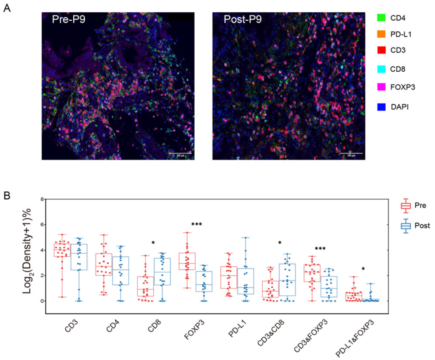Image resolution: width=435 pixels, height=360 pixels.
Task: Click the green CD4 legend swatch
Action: pyautogui.click(x=382, y=18)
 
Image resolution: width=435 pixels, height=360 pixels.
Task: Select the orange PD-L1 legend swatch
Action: pyautogui.click(x=382, y=34)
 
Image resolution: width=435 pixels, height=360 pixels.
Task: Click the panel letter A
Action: pyautogui.click(x=7, y=9)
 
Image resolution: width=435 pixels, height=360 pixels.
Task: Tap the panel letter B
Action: pyautogui.click(x=7, y=195)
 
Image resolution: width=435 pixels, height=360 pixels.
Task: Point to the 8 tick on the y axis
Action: pyautogui.click(x=41, y=200)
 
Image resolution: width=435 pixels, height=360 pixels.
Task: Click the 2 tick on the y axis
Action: pyautogui.click(x=41, y=276)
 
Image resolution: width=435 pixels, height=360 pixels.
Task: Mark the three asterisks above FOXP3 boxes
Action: pyautogui.click(x=197, y=224)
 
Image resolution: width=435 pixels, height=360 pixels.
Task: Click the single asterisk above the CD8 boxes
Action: pyautogui.click(x=153, y=243)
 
